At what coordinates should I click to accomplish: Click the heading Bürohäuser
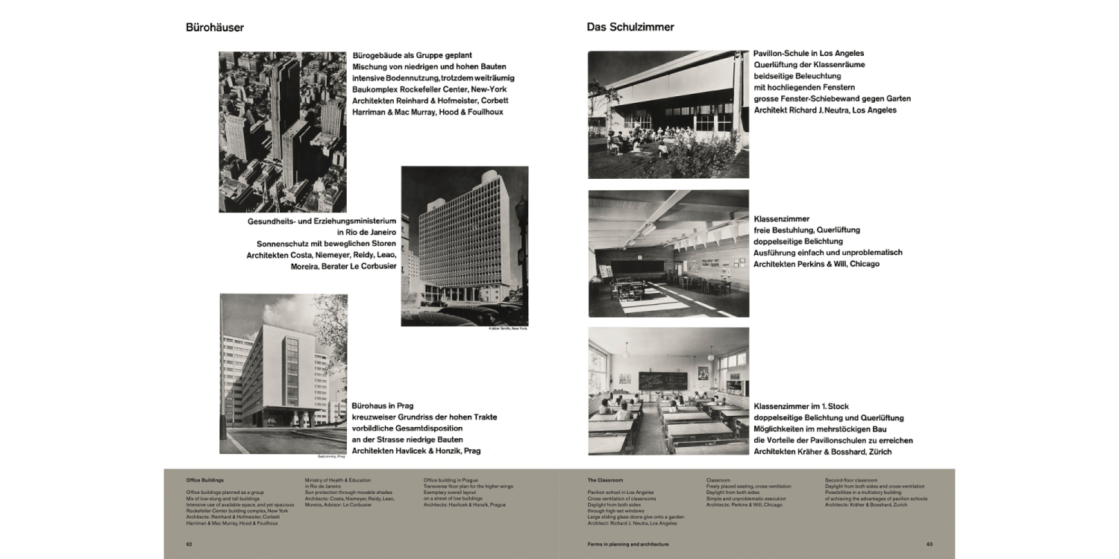(215, 28)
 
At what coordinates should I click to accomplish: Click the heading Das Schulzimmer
(630, 28)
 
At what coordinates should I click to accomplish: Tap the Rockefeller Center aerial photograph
(282, 132)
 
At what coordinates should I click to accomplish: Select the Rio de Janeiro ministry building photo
(464, 246)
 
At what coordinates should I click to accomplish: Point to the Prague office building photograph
(283, 373)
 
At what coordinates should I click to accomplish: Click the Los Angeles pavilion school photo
(668, 114)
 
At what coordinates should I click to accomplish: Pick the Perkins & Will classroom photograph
(668, 253)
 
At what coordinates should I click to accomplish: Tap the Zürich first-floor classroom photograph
(668, 391)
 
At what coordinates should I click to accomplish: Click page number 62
(189, 544)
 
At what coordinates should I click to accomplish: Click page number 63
(930, 544)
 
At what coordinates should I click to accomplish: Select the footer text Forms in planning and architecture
(627, 544)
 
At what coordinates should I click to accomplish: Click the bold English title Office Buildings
(204, 480)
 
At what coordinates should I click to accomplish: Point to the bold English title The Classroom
(605, 480)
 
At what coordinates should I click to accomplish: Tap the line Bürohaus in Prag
(383, 406)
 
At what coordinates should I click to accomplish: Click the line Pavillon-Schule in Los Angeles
(809, 54)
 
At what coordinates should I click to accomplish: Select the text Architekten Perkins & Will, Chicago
(816, 264)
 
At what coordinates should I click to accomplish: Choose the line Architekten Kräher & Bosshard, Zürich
(823, 452)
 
